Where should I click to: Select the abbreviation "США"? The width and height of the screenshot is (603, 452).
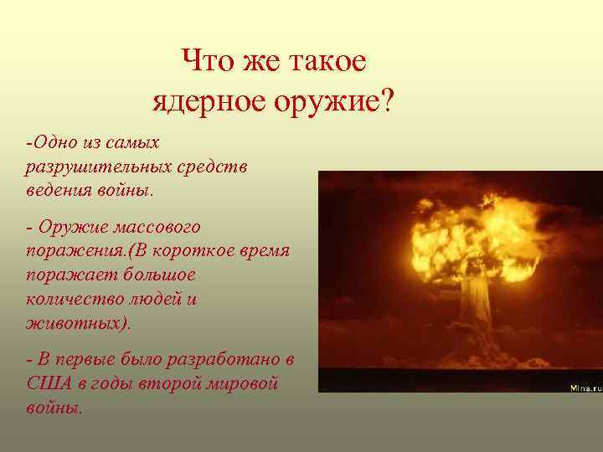pyautogui.click(x=47, y=383)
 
